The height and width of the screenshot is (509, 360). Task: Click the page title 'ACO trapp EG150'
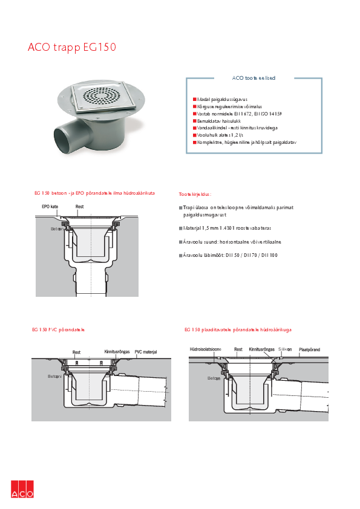[72, 47]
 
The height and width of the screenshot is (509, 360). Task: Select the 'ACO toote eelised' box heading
[254, 78]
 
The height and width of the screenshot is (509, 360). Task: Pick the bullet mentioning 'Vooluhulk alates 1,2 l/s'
[224, 135]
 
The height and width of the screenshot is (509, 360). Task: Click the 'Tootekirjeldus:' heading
[195, 195]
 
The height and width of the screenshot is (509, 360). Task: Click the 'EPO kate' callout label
[50, 207]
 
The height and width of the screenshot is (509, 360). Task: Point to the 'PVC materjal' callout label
[146, 351]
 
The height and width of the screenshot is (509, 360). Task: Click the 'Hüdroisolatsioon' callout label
[206, 349]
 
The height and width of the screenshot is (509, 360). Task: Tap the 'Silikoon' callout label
[286, 349]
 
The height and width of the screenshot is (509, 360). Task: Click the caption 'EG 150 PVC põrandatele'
[58, 330]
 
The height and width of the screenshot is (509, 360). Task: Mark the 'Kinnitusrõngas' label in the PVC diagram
[116, 351]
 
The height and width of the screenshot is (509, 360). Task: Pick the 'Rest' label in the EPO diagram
[79, 207]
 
